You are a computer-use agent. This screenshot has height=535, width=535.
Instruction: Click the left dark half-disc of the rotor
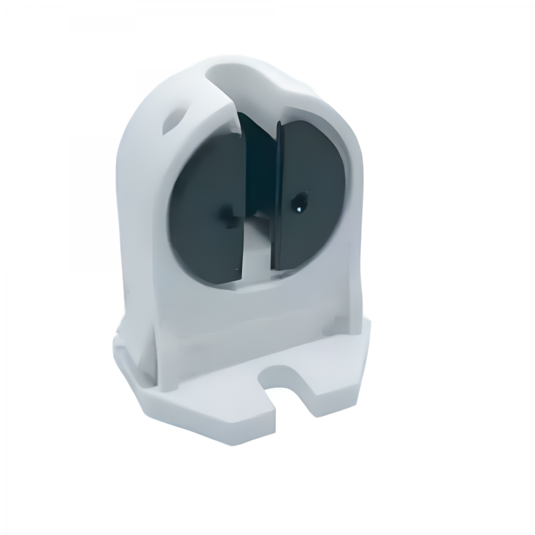(x=205, y=201)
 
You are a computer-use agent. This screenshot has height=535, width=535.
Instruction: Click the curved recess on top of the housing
(x=241, y=74)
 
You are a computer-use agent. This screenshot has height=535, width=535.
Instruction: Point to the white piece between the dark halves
(x=256, y=250)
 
